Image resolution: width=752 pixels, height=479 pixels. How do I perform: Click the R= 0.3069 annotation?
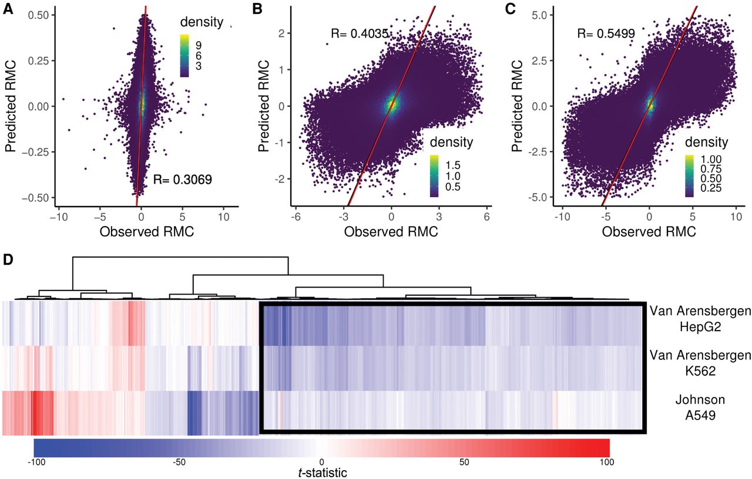182,179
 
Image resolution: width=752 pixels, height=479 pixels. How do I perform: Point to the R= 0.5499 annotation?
606,34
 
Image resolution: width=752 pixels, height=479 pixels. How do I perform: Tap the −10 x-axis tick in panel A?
58,217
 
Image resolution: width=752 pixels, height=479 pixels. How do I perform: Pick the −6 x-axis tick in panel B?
296,217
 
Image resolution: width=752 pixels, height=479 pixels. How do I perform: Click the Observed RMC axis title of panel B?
391,232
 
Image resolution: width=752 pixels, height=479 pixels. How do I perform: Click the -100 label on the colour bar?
33,463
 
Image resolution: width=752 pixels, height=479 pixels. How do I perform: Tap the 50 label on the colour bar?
464,463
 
